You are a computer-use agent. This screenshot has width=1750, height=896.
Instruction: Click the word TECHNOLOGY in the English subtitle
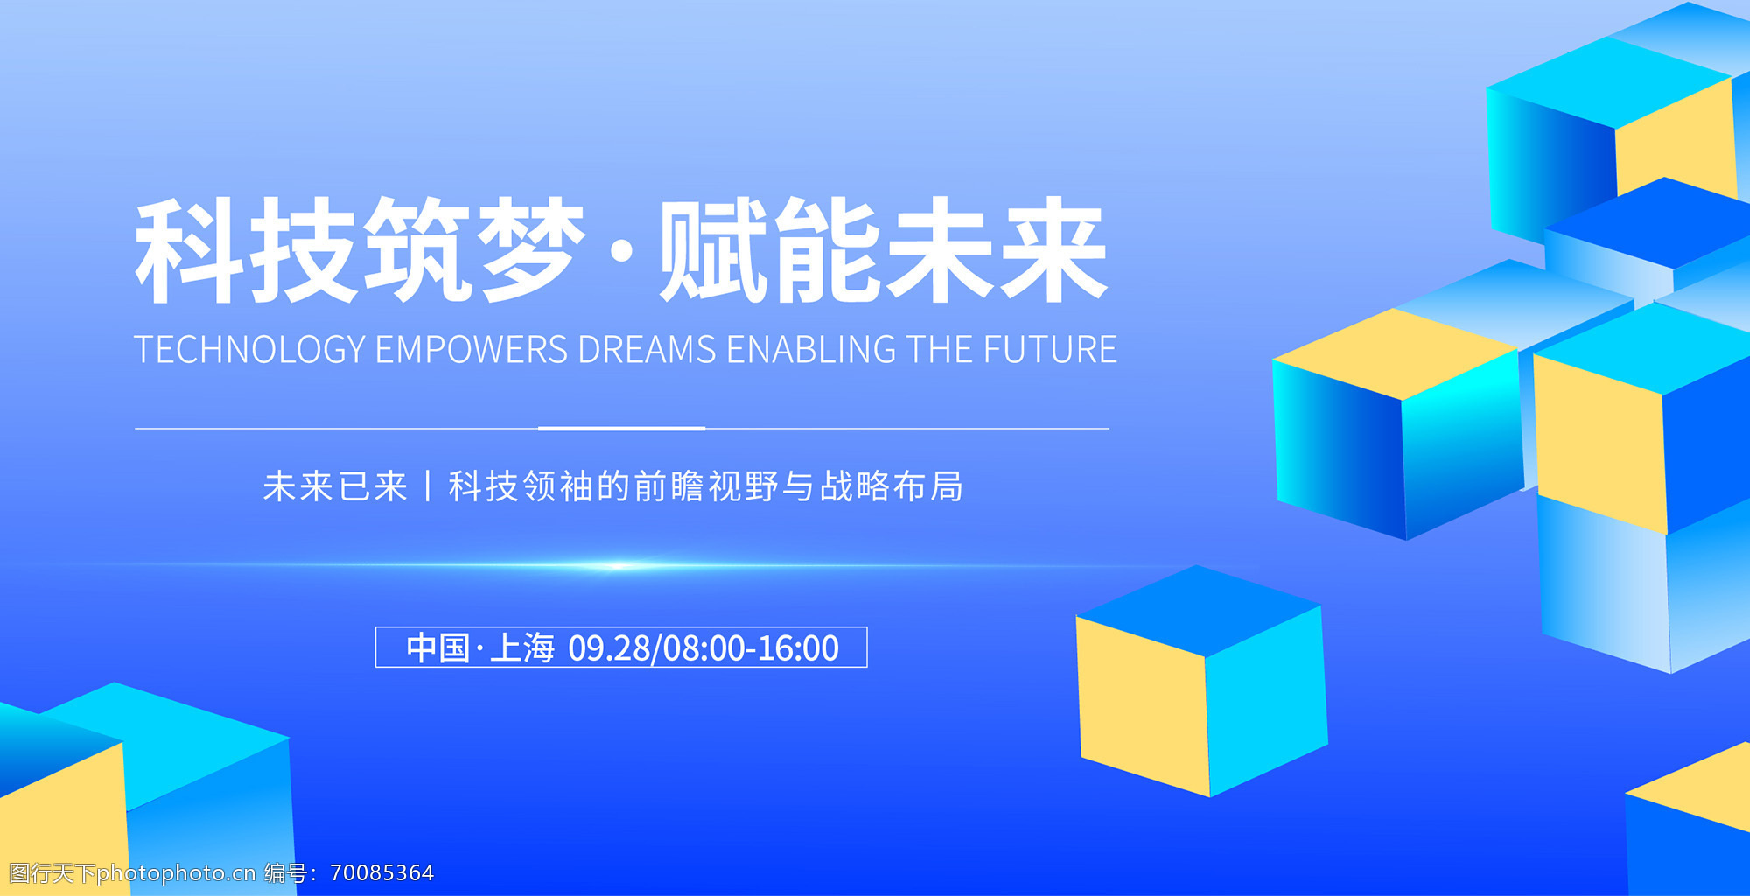250,349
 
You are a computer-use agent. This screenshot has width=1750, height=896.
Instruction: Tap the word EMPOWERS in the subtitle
472,349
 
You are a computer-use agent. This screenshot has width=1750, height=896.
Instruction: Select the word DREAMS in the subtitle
647,349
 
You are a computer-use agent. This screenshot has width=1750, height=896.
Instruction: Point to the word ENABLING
811,349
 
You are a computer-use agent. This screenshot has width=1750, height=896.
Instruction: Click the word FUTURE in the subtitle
1050,349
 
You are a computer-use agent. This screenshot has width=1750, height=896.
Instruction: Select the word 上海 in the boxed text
522,648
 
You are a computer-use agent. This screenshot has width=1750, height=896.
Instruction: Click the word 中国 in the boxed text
438,648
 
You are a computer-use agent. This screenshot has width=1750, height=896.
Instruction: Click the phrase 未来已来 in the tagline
335,486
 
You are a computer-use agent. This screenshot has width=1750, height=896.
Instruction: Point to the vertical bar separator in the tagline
428,486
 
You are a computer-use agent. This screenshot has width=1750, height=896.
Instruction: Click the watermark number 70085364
382,872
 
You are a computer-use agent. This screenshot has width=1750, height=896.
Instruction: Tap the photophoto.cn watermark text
176,873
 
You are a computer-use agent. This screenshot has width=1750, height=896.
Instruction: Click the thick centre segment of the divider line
621,429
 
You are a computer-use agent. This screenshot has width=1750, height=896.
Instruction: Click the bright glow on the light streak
617,566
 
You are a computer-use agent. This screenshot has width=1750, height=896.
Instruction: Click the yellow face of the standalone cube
1144,704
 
